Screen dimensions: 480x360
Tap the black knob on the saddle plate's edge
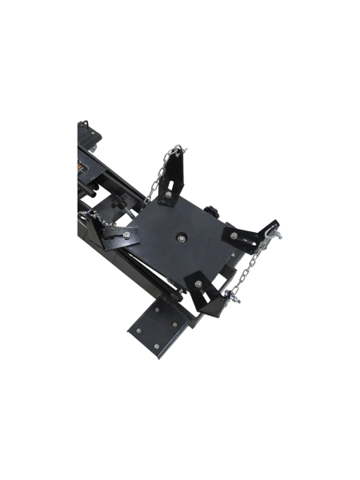214,210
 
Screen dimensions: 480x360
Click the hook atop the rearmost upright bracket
178,149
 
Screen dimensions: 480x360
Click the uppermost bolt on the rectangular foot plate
157,306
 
